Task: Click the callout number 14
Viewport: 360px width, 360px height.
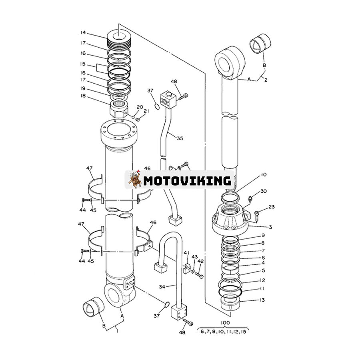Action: click(x=83, y=32)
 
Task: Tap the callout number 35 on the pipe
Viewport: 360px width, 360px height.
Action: click(x=180, y=138)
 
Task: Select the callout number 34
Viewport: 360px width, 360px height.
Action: click(x=162, y=286)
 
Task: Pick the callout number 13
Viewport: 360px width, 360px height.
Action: click(x=262, y=300)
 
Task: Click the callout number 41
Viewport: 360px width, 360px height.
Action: click(x=186, y=253)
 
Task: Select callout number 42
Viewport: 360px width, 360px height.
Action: click(x=201, y=261)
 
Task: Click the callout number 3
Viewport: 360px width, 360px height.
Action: click(x=270, y=227)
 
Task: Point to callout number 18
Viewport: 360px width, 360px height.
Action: click(x=83, y=96)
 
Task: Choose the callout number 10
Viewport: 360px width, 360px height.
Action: click(x=264, y=175)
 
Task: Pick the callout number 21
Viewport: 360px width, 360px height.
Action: click(x=146, y=112)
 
